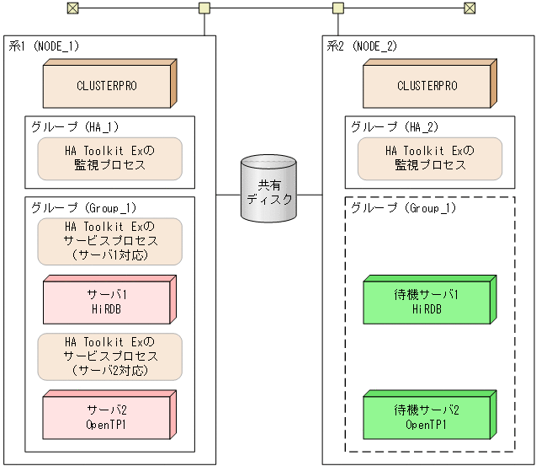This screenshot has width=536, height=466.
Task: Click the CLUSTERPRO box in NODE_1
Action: pyautogui.click(x=108, y=86)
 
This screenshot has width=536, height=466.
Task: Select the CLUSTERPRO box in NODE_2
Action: pyautogui.click(x=427, y=86)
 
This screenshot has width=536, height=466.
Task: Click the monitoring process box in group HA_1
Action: pyautogui.click(x=110, y=158)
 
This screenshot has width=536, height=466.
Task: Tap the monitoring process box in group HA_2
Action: pyautogui.click(x=430, y=158)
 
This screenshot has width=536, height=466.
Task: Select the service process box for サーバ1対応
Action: pyautogui.click(x=110, y=241)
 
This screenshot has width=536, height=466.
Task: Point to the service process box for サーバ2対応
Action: pyautogui.click(x=110, y=356)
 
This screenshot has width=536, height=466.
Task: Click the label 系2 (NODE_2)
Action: pyautogui.click(x=361, y=46)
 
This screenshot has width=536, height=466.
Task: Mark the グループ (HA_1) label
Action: pyautogui.click(x=75, y=127)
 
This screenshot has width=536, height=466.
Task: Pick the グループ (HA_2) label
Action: pyautogui.click(x=395, y=127)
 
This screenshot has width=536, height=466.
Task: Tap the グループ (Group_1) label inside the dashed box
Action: pyautogui.click(x=403, y=208)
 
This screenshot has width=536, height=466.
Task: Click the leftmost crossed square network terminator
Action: pyautogui.click(x=72, y=8)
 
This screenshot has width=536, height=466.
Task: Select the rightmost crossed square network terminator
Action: pyautogui.click(x=470, y=8)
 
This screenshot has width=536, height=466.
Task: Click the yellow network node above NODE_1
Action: pyautogui.click(x=204, y=8)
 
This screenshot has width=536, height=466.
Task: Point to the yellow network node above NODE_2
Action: pyautogui.click(x=338, y=8)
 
